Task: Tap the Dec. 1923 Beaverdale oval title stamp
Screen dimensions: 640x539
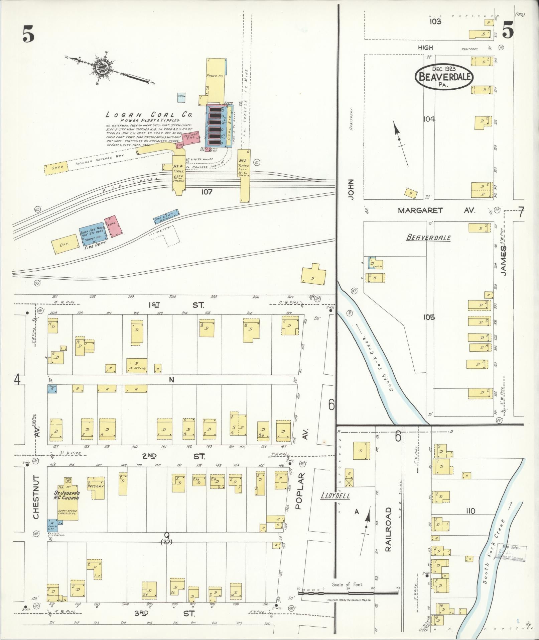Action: click(x=444, y=77)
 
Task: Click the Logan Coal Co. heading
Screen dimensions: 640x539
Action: click(x=148, y=114)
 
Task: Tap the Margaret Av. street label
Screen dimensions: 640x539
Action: click(x=436, y=210)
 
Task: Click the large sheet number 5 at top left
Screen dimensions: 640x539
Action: click(x=29, y=34)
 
